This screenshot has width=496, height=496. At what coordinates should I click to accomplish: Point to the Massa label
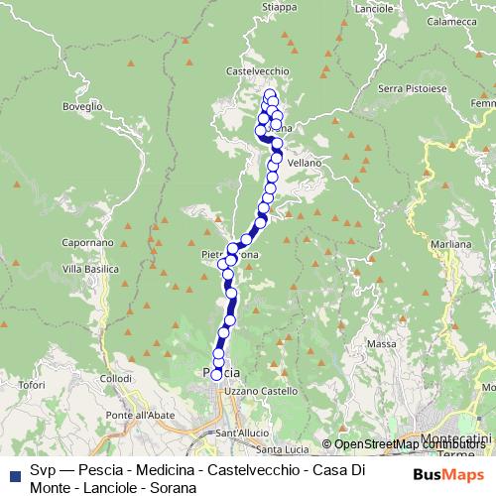coord(381,343)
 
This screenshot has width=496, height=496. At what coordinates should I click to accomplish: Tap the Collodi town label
coord(116,379)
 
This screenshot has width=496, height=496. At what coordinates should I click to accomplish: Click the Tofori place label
coord(32,384)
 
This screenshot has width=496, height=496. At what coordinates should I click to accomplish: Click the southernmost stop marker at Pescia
coord(217,374)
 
